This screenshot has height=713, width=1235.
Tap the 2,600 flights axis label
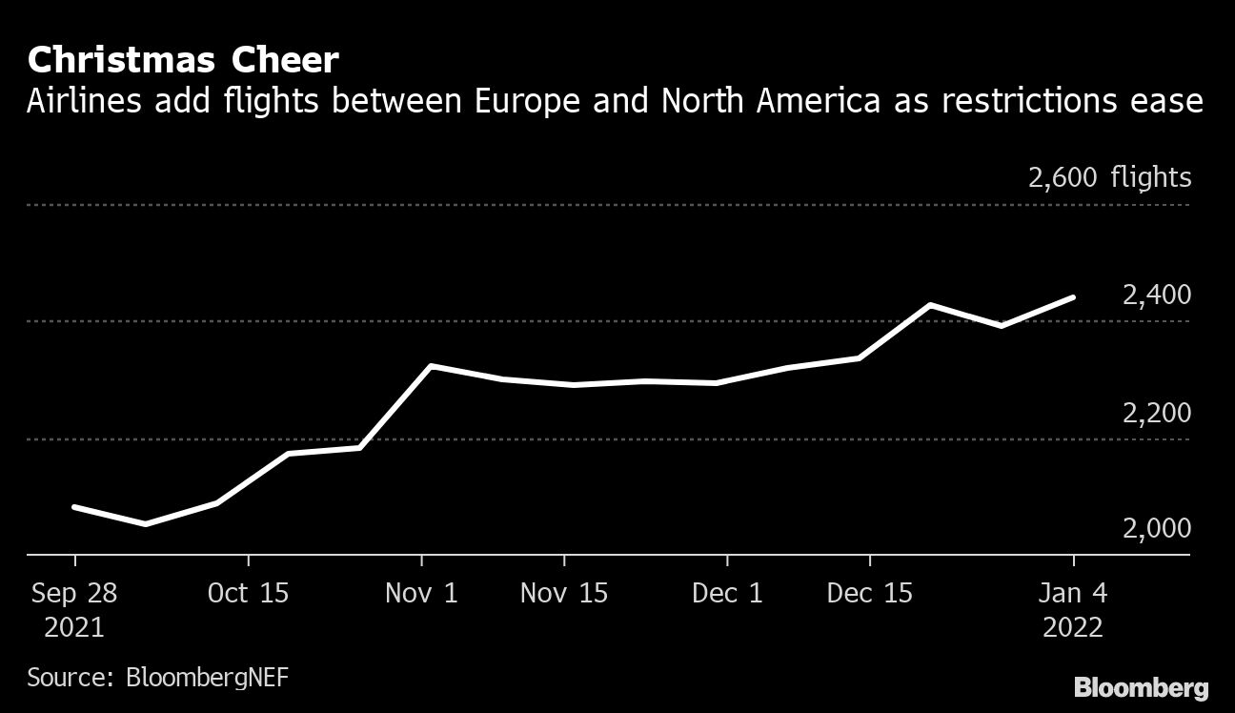pyautogui.click(x=1109, y=177)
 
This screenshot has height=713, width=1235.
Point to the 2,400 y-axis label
pyautogui.click(x=1156, y=295)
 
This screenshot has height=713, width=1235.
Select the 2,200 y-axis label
pyautogui.click(x=1156, y=414)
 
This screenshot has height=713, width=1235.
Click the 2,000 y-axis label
pyautogui.click(x=1156, y=528)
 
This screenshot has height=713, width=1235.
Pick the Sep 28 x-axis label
pyautogui.click(x=74, y=593)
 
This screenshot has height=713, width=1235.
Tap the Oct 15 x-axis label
pyautogui.click(x=248, y=593)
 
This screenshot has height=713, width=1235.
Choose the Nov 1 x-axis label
pyautogui.click(x=421, y=593)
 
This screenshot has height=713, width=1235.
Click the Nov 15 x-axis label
pyautogui.click(x=564, y=593)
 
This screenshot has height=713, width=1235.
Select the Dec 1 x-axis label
pyautogui.click(x=727, y=593)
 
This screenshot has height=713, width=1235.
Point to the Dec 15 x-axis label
pyautogui.click(x=870, y=593)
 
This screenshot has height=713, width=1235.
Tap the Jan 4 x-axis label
pyautogui.click(x=1074, y=593)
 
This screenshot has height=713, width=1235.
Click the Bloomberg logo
pyautogui.click(x=1141, y=687)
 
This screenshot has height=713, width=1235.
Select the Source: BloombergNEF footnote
pyautogui.click(x=157, y=678)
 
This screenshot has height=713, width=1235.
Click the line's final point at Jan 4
pyautogui.click(x=1074, y=297)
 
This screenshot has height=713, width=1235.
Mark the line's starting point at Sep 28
pyautogui.click(x=74, y=507)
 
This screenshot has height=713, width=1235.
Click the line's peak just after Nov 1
pyautogui.click(x=431, y=366)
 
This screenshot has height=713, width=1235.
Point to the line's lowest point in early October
pyautogui.click(x=145, y=524)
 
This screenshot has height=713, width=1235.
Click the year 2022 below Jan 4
pyautogui.click(x=1074, y=628)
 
